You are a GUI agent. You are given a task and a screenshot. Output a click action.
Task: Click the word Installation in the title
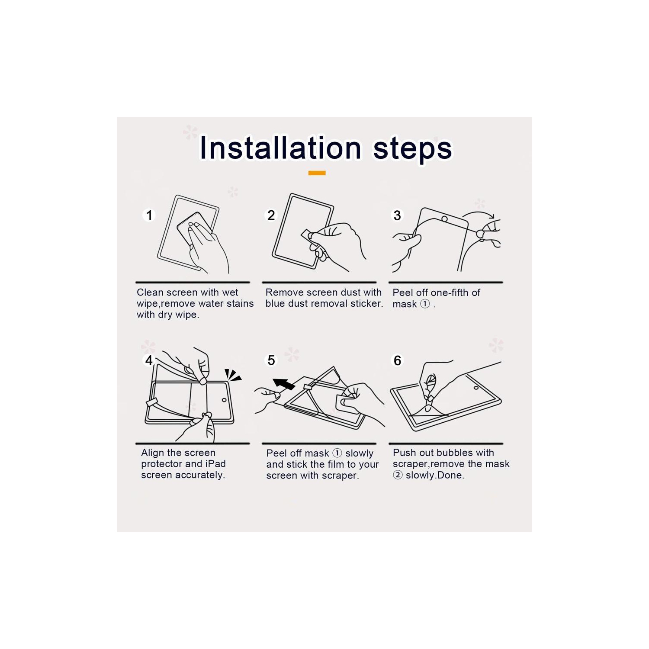point(280,148)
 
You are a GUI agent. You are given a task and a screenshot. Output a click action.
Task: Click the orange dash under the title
point(317,173)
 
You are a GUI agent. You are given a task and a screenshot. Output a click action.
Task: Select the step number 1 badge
point(149,215)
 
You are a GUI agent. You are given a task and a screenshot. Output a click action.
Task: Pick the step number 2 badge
point(271,215)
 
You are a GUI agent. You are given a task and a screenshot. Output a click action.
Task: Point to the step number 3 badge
point(397,215)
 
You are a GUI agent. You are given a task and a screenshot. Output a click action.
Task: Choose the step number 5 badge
point(271,360)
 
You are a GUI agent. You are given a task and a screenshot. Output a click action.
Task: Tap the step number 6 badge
point(397,360)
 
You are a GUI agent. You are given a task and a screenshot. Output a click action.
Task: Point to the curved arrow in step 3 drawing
point(479,214)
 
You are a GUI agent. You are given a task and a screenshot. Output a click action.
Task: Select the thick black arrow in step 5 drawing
point(283,383)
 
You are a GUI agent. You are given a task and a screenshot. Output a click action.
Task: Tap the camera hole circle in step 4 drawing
point(224,400)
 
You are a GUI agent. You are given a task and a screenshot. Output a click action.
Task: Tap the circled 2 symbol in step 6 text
point(398,475)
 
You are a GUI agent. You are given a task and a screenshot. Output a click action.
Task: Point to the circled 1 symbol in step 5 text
point(337,453)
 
